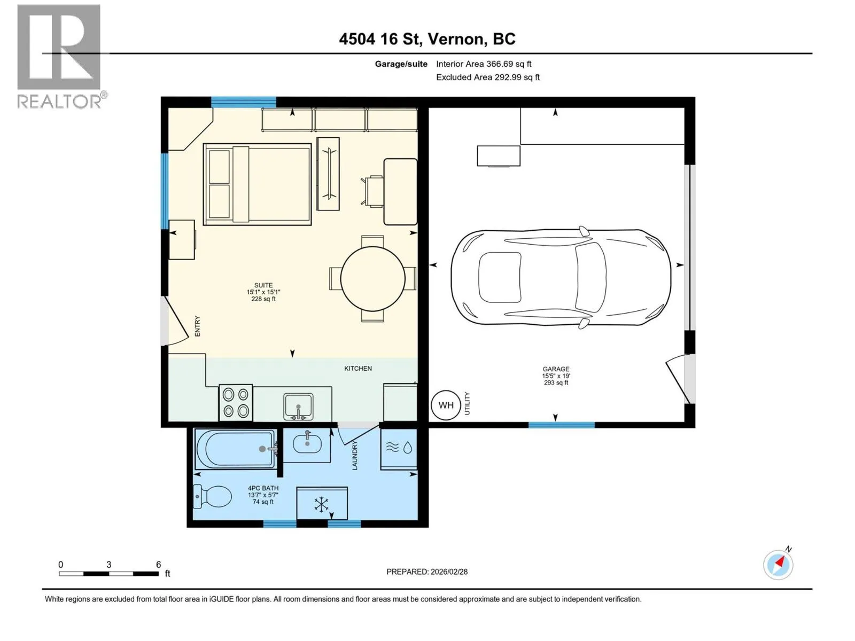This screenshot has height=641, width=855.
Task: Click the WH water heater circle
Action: pyautogui.click(x=446, y=405)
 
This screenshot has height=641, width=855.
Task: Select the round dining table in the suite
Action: pyautogui.click(x=372, y=279)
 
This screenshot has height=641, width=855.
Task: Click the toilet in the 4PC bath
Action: pyautogui.click(x=212, y=497)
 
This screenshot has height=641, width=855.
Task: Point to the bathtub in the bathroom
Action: pyautogui.click(x=235, y=449)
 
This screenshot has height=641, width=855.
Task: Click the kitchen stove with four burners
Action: pyautogui.click(x=236, y=403)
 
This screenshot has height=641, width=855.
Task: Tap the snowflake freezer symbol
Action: pyautogui.click(x=322, y=504)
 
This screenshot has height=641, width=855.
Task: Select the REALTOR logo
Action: pyautogui.click(x=60, y=57)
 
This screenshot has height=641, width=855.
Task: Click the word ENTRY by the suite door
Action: pyautogui.click(x=197, y=326)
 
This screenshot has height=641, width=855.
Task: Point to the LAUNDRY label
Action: pyautogui.click(x=354, y=455)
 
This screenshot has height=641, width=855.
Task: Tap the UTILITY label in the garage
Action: pyautogui.click(x=468, y=404)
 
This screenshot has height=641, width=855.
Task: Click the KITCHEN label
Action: pyautogui.click(x=358, y=369)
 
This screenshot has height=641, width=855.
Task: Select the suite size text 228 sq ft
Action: pyautogui.click(x=263, y=299)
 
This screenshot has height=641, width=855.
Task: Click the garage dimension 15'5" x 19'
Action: pyautogui.click(x=556, y=376)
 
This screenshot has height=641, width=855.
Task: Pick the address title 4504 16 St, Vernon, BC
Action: pyautogui.click(x=428, y=39)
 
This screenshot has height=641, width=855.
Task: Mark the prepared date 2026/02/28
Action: pyautogui.click(x=449, y=572)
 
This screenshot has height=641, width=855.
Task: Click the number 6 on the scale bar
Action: pyautogui.click(x=159, y=564)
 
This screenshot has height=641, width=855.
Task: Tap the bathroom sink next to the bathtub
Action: pyautogui.click(x=307, y=444)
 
